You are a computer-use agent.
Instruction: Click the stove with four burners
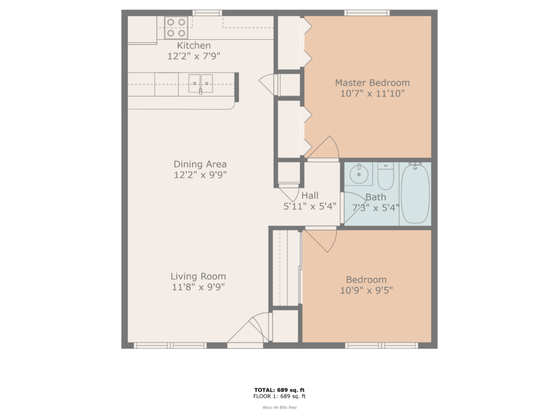[x=176, y=28]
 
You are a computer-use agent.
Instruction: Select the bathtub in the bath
[x=415, y=194]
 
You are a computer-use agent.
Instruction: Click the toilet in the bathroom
[x=385, y=176]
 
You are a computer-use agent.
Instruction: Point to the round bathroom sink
[x=359, y=176]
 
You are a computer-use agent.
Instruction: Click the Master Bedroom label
[x=372, y=83]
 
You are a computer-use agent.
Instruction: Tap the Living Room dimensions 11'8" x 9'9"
[x=198, y=287]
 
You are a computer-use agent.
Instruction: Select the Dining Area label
[x=200, y=164]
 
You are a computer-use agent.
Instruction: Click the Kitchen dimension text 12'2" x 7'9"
[x=194, y=56]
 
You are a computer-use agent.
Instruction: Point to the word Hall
[x=310, y=195]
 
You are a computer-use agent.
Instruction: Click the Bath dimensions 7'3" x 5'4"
[x=376, y=207]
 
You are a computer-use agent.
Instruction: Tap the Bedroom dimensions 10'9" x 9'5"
[x=366, y=290]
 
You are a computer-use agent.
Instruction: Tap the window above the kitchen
[x=207, y=13]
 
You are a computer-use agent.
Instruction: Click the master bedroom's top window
[x=366, y=13]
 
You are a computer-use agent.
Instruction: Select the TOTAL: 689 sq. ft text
[x=279, y=390]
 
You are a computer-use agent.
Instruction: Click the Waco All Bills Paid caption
[x=279, y=407]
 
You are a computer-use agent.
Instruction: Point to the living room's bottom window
[x=170, y=345]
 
